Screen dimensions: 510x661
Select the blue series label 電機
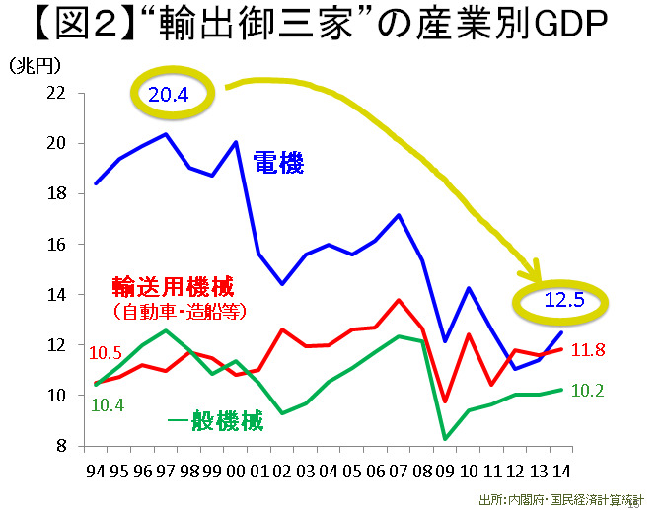(x=280, y=163)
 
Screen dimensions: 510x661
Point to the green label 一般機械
(x=215, y=422)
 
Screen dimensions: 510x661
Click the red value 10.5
(x=107, y=353)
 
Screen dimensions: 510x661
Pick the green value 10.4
(x=107, y=404)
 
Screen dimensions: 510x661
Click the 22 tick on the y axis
(x=55, y=93)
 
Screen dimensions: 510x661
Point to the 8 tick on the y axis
(x=60, y=446)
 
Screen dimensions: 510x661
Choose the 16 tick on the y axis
(x=55, y=245)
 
